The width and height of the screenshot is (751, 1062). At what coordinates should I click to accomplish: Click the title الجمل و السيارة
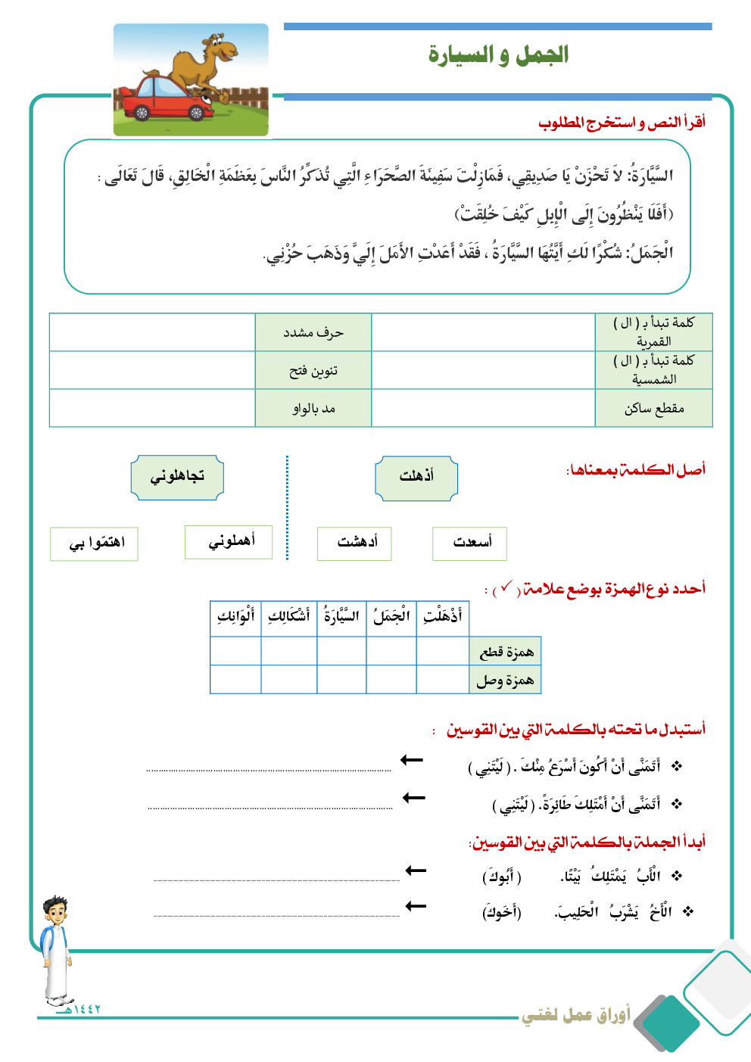coord(498,55)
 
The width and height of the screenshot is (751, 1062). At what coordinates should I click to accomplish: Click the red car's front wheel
coord(196,113)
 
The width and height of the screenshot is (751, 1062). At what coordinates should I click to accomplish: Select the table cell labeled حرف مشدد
coord(313,332)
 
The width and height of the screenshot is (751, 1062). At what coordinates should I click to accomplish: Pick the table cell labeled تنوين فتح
coord(313,371)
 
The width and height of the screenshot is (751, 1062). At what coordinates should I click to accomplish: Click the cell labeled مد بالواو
coord(313,409)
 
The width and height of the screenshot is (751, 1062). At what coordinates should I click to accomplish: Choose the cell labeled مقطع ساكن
coord(654,409)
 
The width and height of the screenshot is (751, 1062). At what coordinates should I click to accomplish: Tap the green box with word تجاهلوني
coord(177,477)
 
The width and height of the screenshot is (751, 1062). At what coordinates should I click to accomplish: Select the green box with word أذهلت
coord(416,477)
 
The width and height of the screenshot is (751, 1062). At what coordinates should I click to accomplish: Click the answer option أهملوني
coord(229,542)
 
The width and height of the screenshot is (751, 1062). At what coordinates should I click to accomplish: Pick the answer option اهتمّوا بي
coord(95,543)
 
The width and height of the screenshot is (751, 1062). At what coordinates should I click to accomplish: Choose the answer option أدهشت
coord(355,543)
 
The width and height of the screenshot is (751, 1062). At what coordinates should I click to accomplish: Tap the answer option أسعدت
coord(469,543)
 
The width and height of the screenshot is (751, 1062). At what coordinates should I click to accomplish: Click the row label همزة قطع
coord(506,652)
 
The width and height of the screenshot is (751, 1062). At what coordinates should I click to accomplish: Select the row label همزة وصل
coord(506,680)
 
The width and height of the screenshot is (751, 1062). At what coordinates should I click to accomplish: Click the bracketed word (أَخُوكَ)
coord(501,912)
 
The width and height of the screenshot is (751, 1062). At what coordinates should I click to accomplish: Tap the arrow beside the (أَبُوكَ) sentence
coord(416,871)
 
